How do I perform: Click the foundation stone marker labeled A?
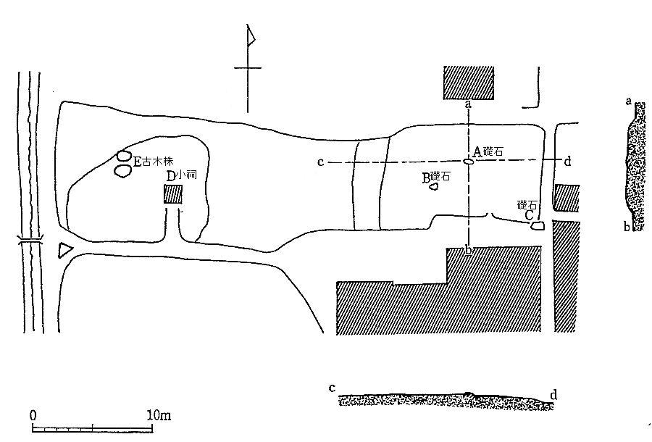point(468,162)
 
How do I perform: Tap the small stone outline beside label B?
point(434,187)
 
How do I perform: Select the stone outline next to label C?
point(537,226)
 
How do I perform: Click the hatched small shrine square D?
point(172,194)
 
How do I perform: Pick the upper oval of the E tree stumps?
point(123,157)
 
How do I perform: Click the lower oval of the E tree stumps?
point(122,171)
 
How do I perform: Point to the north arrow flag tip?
point(254,41)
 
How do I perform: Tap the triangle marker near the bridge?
point(65,250)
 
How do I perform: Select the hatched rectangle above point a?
point(469,83)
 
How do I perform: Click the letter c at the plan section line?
point(320,162)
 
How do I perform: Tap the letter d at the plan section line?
point(567,162)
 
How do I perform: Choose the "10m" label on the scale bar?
point(159,415)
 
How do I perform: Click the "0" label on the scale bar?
point(33,415)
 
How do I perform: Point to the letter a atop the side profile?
point(629,101)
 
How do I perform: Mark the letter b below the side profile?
point(627,227)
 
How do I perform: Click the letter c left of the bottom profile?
point(332,388)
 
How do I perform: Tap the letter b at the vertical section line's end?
point(468,250)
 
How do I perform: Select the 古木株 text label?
point(158,162)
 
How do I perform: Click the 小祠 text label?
point(187,175)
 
